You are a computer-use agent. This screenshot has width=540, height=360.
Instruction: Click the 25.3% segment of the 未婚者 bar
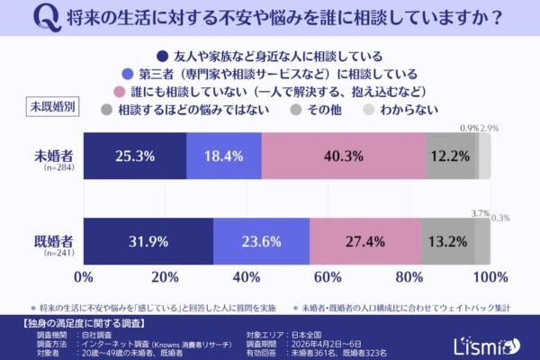coord(135,156)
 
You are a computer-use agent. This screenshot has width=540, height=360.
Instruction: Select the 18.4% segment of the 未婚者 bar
coord(224,156)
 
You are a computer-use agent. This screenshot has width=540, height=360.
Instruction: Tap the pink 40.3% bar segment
coord(343,156)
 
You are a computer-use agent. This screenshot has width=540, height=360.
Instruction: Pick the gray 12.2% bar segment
coord(449,156)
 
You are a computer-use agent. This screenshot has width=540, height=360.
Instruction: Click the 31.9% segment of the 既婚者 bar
coord(148,241)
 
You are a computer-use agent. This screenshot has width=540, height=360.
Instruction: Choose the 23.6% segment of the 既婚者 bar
coord(261,241)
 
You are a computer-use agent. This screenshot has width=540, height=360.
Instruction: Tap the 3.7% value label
coord(480,212)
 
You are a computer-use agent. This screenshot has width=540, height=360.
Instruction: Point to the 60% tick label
coord(328,275)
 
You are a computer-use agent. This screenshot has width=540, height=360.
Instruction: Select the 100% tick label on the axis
coord(490,275)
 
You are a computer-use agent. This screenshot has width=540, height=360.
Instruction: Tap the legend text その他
coord(320,110)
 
